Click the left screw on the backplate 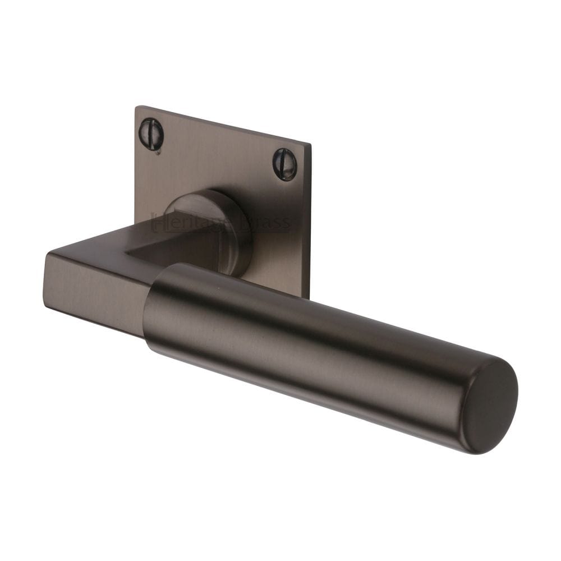[x=151, y=134]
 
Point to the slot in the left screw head [x=151, y=134]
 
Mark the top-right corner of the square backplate [x=310, y=145]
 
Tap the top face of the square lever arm [x=112, y=255]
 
